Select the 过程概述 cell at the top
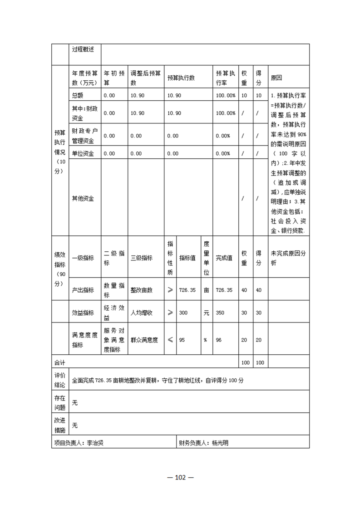pyautogui.click(x=83, y=49)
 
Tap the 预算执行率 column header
pyautogui.click(x=226, y=78)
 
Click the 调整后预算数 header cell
pyautogui.click(x=145, y=78)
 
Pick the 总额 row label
pyautogui.click(x=78, y=95)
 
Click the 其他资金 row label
pyautogui.click(x=83, y=199)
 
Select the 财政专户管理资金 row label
pyautogui.click(x=85, y=135)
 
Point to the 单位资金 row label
pyautogui.click(x=83, y=153)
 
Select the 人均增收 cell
pyautogui.click(x=142, y=313)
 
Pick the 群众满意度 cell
pyautogui.click(x=144, y=339)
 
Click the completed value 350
pyautogui.click(x=221, y=313)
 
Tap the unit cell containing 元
pyautogui.click(x=206, y=313)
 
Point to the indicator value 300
pyautogui.click(x=184, y=313)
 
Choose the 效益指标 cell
pyautogui.click(x=83, y=313)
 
